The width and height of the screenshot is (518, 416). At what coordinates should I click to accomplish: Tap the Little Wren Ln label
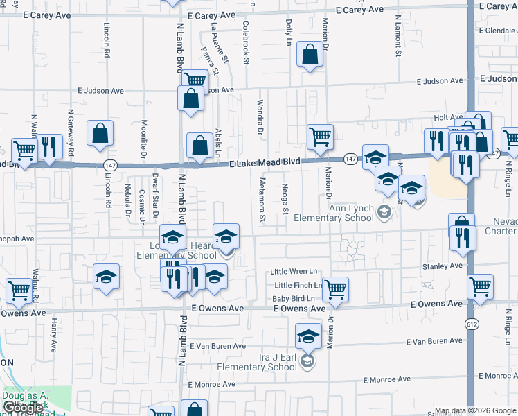tap(294, 271)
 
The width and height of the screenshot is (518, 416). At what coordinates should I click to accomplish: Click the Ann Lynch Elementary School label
tap(337, 213)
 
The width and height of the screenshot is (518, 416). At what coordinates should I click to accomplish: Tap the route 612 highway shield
tap(472, 324)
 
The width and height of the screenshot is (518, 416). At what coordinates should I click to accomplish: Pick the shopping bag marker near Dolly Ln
tap(310, 54)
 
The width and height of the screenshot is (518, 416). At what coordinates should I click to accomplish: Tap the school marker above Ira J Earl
tap(308, 337)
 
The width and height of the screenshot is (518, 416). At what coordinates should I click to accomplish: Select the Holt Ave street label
tap(448, 118)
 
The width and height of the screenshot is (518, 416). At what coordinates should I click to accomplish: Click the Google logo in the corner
tap(22, 408)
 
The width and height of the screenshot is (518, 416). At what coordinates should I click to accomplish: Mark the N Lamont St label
tap(398, 37)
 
